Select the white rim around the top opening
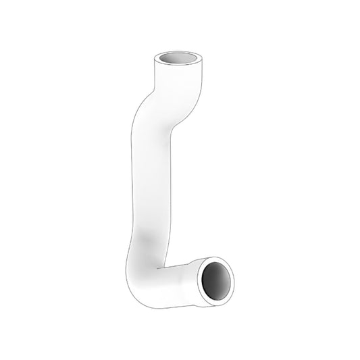pyautogui.click(x=161, y=56)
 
